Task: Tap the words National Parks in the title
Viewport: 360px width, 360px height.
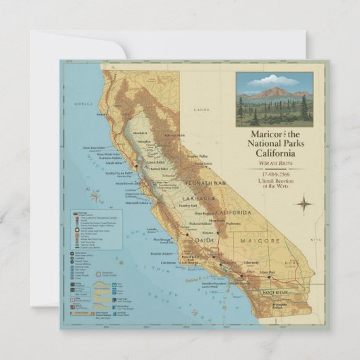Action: pyautogui.click(x=274, y=144)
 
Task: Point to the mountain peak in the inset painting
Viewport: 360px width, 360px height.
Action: pyautogui.click(x=280, y=90)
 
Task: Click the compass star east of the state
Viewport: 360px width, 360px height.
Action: pyautogui.click(x=304, y=203)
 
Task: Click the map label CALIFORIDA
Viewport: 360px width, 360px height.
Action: pyautogui.click(x=233, y=213)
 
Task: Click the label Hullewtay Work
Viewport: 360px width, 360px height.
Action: pyautogui.click(x=174, y=134)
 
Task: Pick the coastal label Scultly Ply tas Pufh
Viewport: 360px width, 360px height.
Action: pyautogui.click(x=119, y=174)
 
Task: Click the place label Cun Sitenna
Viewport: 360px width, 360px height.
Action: pyautogui.click(x=168, y=262)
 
